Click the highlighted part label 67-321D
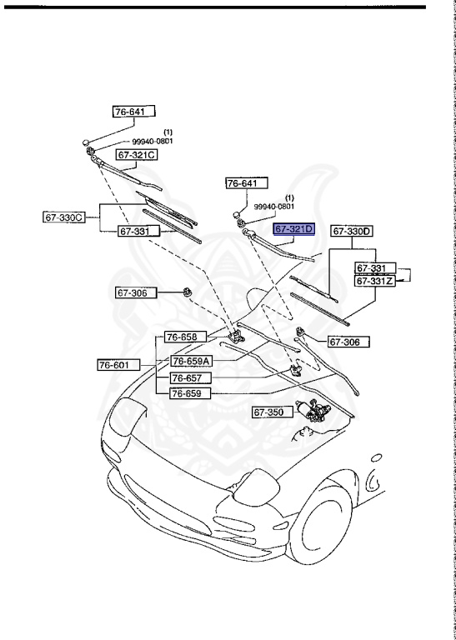coord(293,228)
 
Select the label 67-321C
coord(137,155)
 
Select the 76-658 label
coord(183,337)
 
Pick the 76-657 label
coord(190,377)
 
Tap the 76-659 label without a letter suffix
coord(190,393)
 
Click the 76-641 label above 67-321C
coord(134,111)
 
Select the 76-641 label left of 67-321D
coord(248,183)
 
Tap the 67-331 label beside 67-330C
coord(134,232)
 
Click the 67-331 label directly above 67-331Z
coord(372,268)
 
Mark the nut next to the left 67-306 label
coord(188,293)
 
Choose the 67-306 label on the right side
coord(347,341)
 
